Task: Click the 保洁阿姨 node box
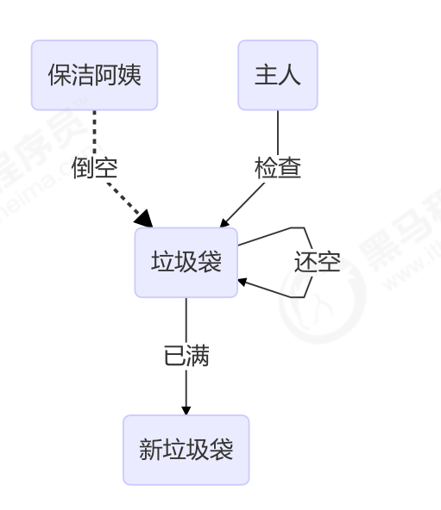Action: coord(94,75)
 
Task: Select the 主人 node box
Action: coord(277,75)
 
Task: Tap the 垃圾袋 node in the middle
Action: coord(186,262)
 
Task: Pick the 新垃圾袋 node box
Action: coord(186,449)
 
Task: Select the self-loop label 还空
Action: coord(317,263)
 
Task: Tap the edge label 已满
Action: coord(186,356)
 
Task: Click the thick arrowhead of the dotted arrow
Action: coord(144,219)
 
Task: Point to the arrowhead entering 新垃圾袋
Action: coord(186,410)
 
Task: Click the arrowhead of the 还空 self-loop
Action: coord(243,281)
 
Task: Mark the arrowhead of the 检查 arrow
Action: coord(224,223)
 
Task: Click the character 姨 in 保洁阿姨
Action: coord(129,75)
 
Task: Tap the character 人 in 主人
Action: coord(289,75)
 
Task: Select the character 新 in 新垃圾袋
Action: coord(150,449)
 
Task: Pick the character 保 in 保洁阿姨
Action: coord(60,75)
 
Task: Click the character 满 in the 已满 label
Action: coord(198,356)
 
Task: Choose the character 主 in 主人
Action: coord(266,75)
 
